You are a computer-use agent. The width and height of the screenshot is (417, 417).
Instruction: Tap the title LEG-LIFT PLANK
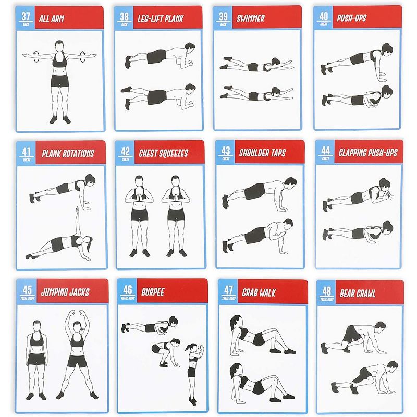click(x=164, y=18)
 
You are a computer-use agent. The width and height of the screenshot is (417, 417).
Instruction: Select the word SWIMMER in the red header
click(x=250, y=18)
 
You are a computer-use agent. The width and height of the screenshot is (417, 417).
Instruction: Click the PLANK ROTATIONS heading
click(x=68, y=153)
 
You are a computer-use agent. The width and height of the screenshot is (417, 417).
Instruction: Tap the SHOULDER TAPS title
click(x=262, y=153)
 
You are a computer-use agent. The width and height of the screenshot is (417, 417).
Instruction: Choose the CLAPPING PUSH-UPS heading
click(x=367, y=153)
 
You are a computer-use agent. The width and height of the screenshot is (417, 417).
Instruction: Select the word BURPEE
click(x=152, y=292)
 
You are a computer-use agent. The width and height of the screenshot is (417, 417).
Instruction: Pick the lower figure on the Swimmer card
click(x=255, y=94)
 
